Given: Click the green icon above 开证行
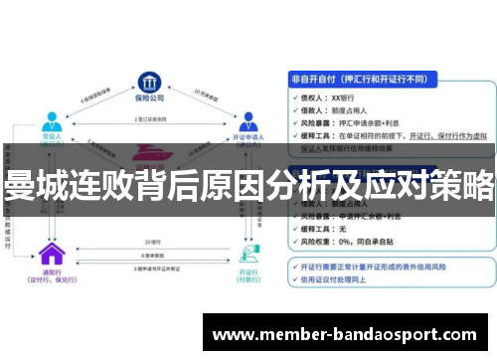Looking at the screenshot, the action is pyautogui.click(x=248, y=251).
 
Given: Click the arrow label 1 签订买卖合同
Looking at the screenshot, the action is pyautogui.click(x=148, y=121).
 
